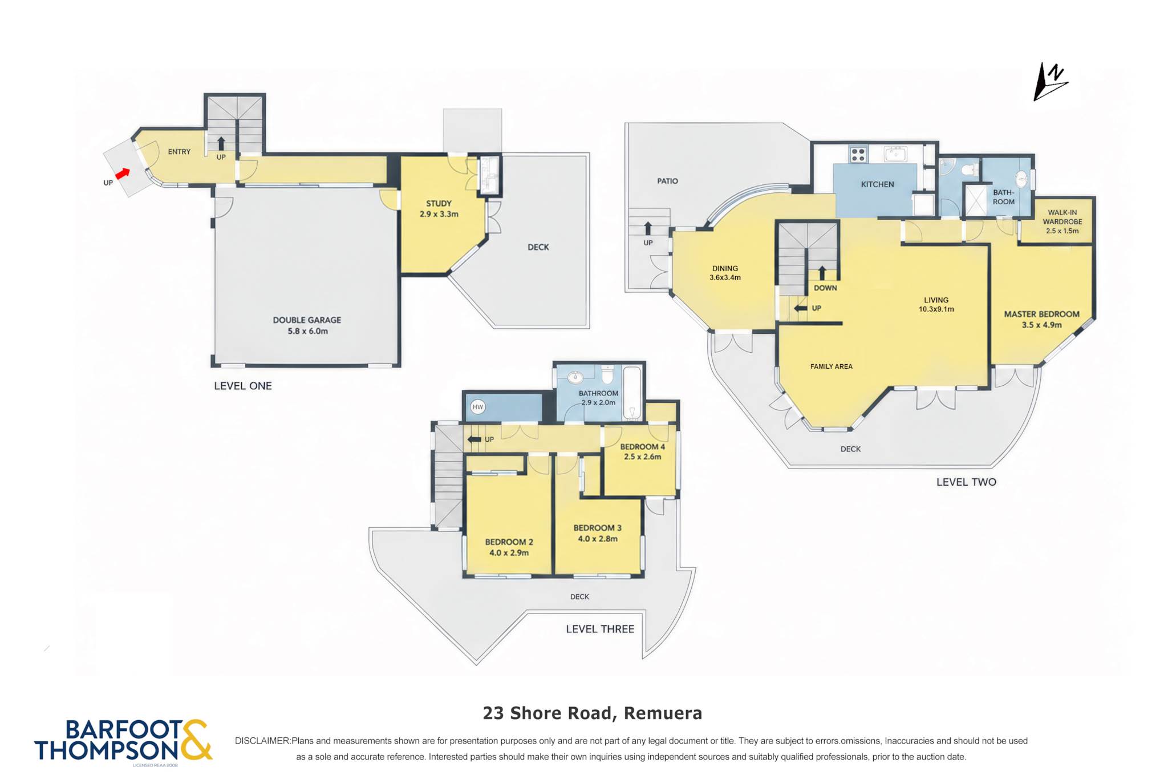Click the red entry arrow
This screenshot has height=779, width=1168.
123,173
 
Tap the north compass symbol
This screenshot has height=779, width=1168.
1050,82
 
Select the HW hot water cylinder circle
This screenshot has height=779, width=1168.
478,407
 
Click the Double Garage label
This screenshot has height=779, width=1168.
307,320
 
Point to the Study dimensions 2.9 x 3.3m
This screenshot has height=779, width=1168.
439,214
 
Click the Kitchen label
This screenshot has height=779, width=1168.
877,184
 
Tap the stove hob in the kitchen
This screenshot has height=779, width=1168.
858,154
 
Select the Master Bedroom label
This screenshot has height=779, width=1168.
1041,314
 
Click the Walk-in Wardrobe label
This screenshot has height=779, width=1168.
1062,217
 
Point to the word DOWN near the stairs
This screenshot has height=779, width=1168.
825,288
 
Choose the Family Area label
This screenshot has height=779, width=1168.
832,366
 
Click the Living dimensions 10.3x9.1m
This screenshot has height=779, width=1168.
936,309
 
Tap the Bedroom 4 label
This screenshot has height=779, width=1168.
642,447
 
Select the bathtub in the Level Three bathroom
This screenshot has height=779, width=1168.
632,393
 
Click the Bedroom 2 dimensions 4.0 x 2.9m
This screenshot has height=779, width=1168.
509,553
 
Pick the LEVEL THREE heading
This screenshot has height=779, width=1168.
600,629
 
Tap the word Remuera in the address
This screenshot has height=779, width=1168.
663,713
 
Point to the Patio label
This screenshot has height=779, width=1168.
667,181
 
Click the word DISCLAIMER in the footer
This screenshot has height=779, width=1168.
262,741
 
